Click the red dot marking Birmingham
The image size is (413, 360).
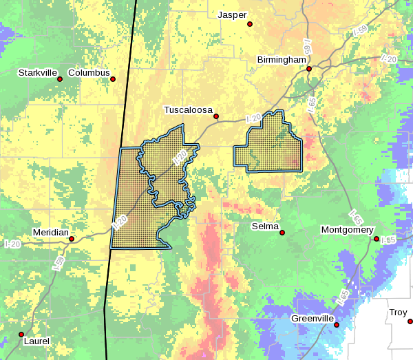click(309, 69)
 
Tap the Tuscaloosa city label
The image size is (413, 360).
click(188, 110)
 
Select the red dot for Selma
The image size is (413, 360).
click(282, 233)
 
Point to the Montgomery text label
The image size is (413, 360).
click(347, 230)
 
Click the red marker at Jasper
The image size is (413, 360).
click(250, 24)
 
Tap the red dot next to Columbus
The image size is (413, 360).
click(113, 79)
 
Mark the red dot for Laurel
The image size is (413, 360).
click(20, 335)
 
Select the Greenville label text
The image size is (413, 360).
click(313, 319)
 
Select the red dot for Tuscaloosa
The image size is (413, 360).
click(215, 116)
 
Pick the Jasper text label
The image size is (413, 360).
click(231, 15)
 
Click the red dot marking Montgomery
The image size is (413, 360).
click(377, 239)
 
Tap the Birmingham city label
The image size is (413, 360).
click(281, 60)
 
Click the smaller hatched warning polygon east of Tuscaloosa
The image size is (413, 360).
click(269, 145)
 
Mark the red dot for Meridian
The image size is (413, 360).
click(72, 239)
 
